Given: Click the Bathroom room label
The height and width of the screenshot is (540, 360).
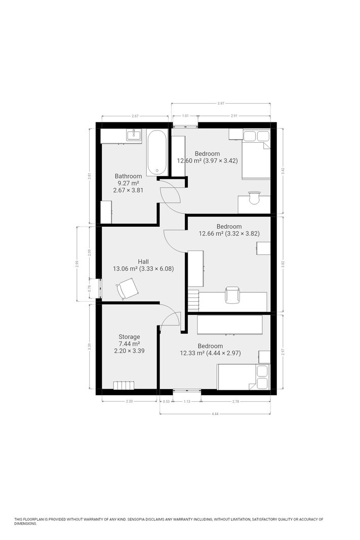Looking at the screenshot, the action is pos(128,176).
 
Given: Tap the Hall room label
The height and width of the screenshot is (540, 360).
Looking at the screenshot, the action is pos(143,262).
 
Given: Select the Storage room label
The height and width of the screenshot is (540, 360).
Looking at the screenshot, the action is pos(129,337).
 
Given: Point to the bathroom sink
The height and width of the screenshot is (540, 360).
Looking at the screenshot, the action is pos(133,135).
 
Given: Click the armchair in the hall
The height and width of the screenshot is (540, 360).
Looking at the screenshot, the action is pos(127,288).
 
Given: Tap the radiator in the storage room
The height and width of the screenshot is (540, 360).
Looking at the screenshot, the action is pos(124,385).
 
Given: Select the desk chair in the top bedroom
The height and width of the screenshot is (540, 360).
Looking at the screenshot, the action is pos(254,197).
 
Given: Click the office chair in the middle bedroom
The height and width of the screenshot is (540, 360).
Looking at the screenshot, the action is pos(231,295).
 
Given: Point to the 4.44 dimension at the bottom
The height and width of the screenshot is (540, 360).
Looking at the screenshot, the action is pos(215,413).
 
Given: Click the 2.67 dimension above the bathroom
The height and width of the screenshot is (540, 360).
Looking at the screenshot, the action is pos(135,116).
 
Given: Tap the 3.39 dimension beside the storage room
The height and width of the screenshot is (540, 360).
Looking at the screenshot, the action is pos(89,347).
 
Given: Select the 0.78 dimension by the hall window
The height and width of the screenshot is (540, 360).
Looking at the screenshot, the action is pos(89,288).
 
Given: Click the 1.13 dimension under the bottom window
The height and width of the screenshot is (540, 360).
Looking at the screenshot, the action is pos(187,401).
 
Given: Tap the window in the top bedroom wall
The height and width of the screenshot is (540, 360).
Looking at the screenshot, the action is pos(185,126).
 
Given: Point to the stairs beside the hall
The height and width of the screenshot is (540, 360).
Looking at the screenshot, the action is pos(193,300).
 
